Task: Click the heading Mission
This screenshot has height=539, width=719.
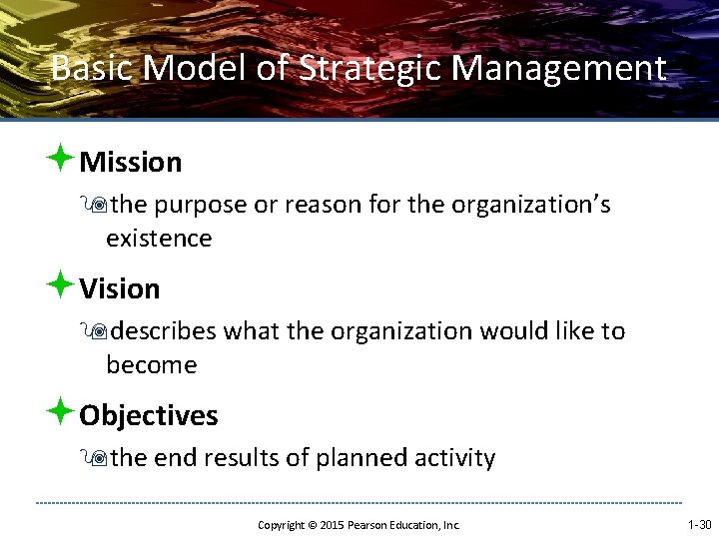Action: point(131,162)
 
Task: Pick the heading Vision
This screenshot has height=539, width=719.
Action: point(120,288)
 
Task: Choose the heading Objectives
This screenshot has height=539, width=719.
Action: point(149,415)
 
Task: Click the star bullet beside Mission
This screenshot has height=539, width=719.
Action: point(61,158)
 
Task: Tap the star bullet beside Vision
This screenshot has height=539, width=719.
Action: point(61,284)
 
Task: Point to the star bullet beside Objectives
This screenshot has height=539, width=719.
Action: point(61,411)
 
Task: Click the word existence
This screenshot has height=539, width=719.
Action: point(159,239)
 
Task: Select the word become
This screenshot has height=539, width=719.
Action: point(152,365)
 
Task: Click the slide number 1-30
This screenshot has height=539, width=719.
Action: point(699,524)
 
